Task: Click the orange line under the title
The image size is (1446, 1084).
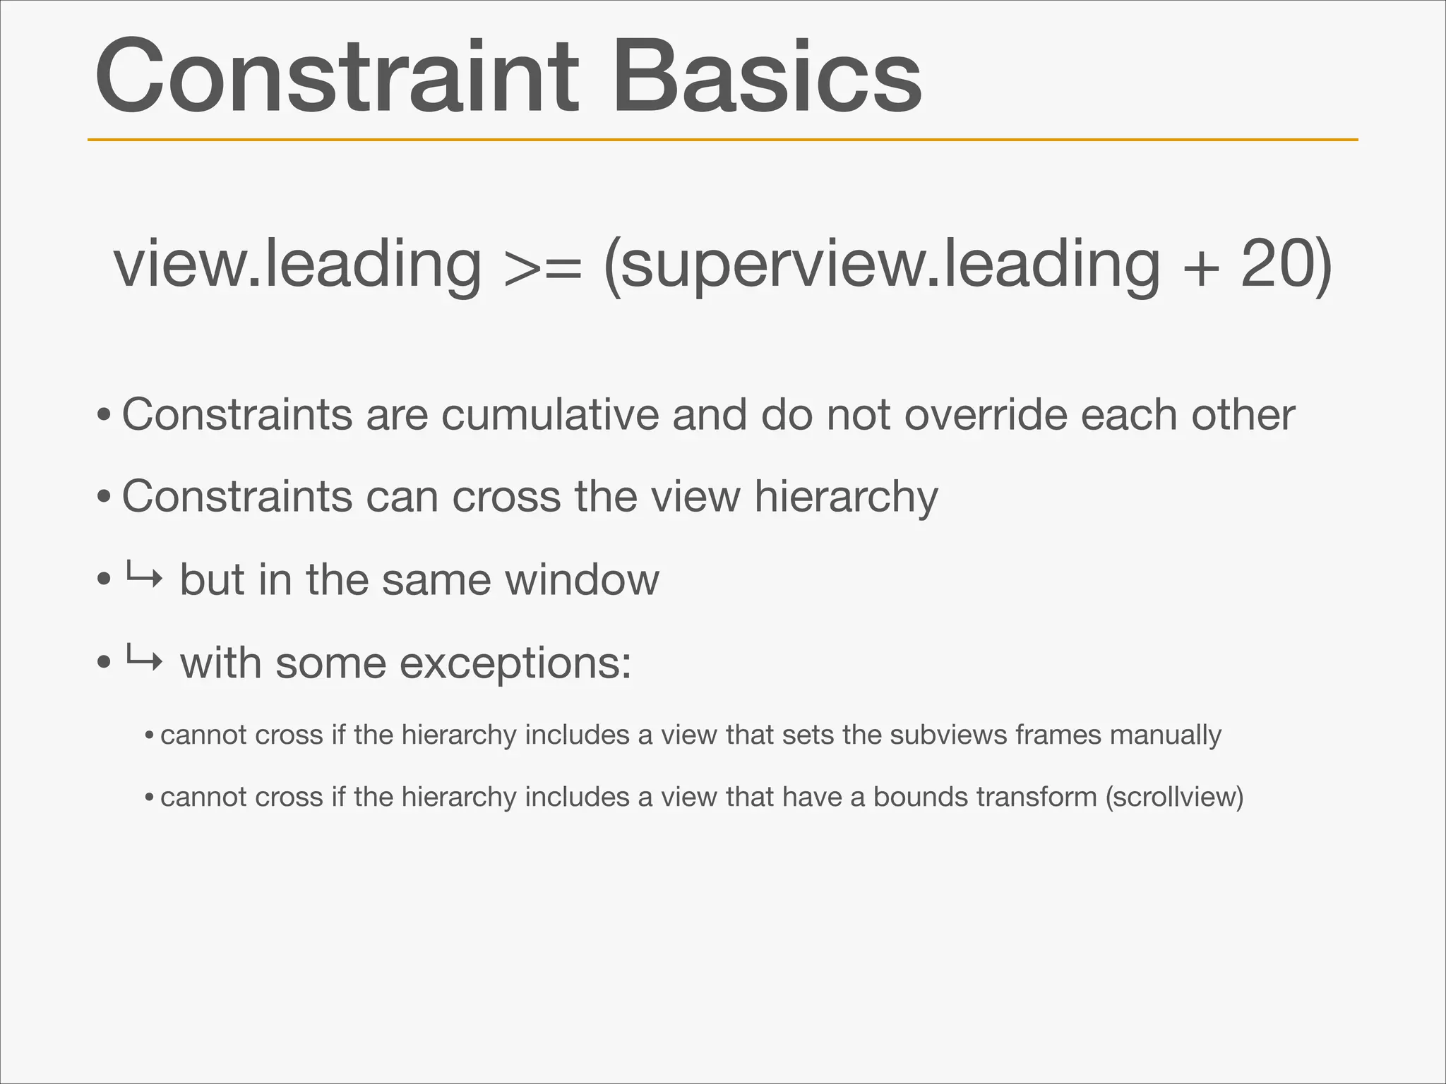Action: [x=722, y=140]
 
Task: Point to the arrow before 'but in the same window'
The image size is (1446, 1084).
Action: [x=144, y=578]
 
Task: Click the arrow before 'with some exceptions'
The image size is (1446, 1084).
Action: [x=144, y=661]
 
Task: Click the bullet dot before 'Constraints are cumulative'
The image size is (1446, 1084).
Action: [x=104, y=416]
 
